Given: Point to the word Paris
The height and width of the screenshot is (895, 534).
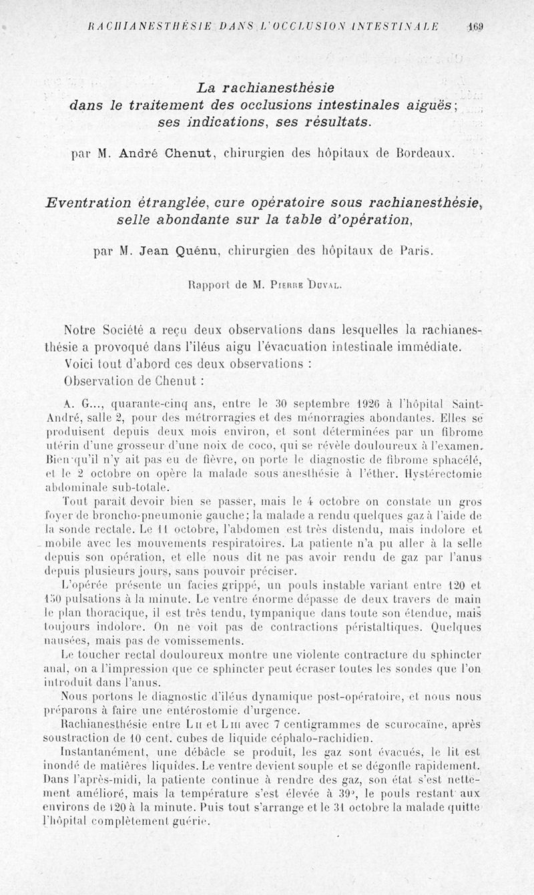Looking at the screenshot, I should pyautogui.click(x=417, y=252).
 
